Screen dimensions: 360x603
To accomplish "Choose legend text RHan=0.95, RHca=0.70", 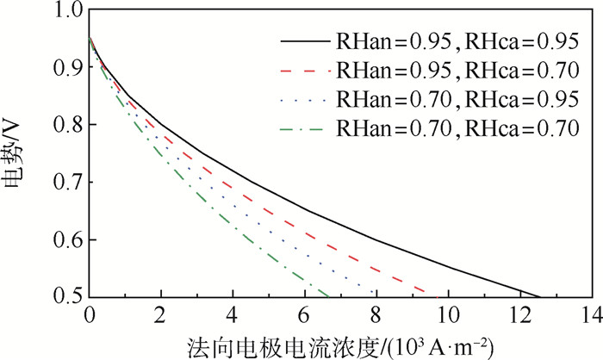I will click(x=457, y=70).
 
